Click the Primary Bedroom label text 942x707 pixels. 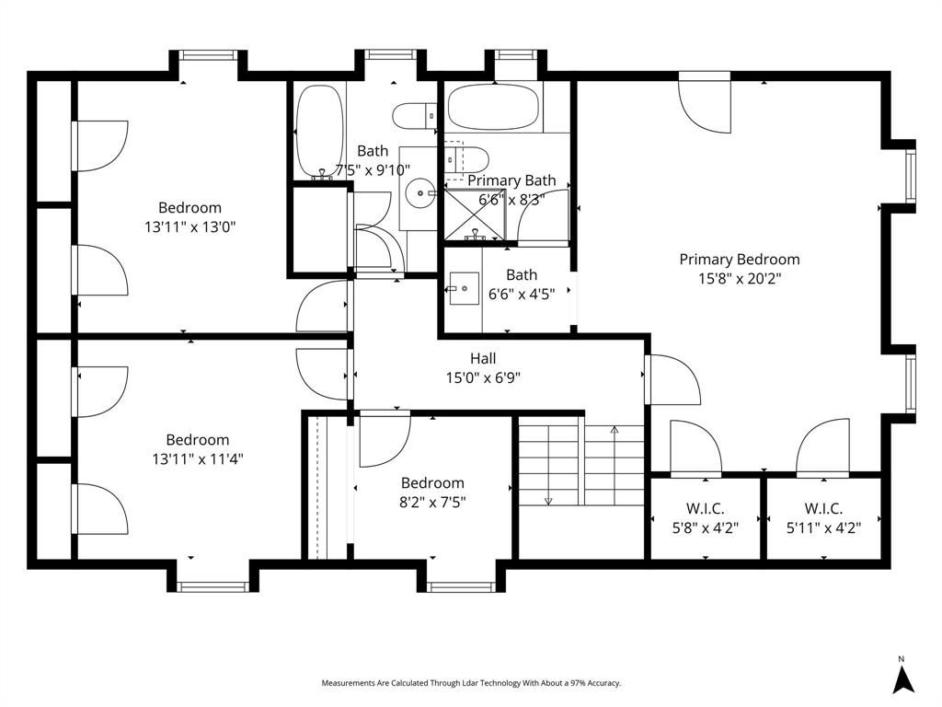click(739, 260)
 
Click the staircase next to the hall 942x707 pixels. click(580, 466)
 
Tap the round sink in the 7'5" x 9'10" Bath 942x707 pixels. click(422, 193)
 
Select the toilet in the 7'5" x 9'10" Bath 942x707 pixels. click(415, 116)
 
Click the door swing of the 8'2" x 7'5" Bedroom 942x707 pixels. click(383, 441)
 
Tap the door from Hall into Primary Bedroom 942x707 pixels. click(672, 379)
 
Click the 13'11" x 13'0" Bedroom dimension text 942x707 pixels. click(190, 226)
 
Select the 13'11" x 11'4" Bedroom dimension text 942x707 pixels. click(198, 458)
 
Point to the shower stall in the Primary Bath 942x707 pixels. click(475, 214)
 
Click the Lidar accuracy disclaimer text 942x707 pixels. click(471, 683)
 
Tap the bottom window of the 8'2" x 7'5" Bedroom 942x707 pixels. click(461, 585)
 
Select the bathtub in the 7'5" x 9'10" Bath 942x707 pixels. click(319, 132)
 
